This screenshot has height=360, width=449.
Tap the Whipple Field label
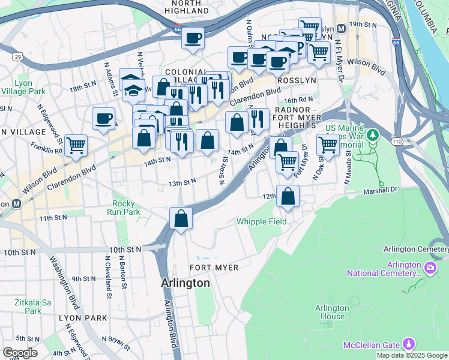click(x=261, y=221)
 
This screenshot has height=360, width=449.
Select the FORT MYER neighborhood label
click(x=214, y=267)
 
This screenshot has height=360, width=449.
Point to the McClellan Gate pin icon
click(x=409, y=344)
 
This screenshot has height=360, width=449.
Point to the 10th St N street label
click(x=124, y=248)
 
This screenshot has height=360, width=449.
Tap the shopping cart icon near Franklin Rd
click(x=76, y=145)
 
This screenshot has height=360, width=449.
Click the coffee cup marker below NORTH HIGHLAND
click(x=193, y=38)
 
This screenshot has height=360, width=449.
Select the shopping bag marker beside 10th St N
click(x=181, y=218)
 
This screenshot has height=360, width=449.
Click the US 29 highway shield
click(x=19, y=56)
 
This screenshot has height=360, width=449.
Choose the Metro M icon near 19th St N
click(x=342, y=28)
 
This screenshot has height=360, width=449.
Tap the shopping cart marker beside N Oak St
click(x=328, y=144)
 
